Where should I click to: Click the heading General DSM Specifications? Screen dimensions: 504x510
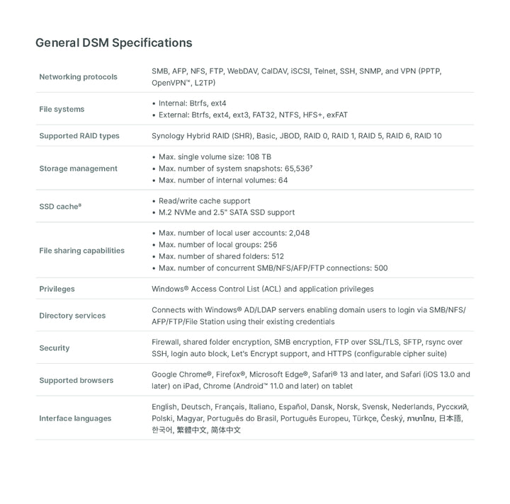113,42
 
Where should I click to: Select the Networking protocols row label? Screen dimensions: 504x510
78,76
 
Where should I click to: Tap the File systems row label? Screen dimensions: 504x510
62,109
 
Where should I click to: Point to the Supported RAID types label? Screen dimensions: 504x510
79,136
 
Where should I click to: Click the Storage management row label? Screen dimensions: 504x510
78,168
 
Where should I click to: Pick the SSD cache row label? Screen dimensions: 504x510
59,207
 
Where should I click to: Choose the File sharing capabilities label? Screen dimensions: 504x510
81,251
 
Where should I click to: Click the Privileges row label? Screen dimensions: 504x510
57,289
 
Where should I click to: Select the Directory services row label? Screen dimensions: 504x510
72,316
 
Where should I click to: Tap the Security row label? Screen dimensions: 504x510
55,348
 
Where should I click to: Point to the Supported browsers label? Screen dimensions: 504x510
76,380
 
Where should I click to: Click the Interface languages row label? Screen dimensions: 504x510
75,418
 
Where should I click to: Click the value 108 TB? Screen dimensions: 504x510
259,156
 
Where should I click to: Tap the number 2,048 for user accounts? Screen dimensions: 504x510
299,233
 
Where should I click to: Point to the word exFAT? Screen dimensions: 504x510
337,115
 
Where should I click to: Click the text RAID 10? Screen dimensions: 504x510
428,136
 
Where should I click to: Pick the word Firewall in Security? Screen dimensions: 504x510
166,342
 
